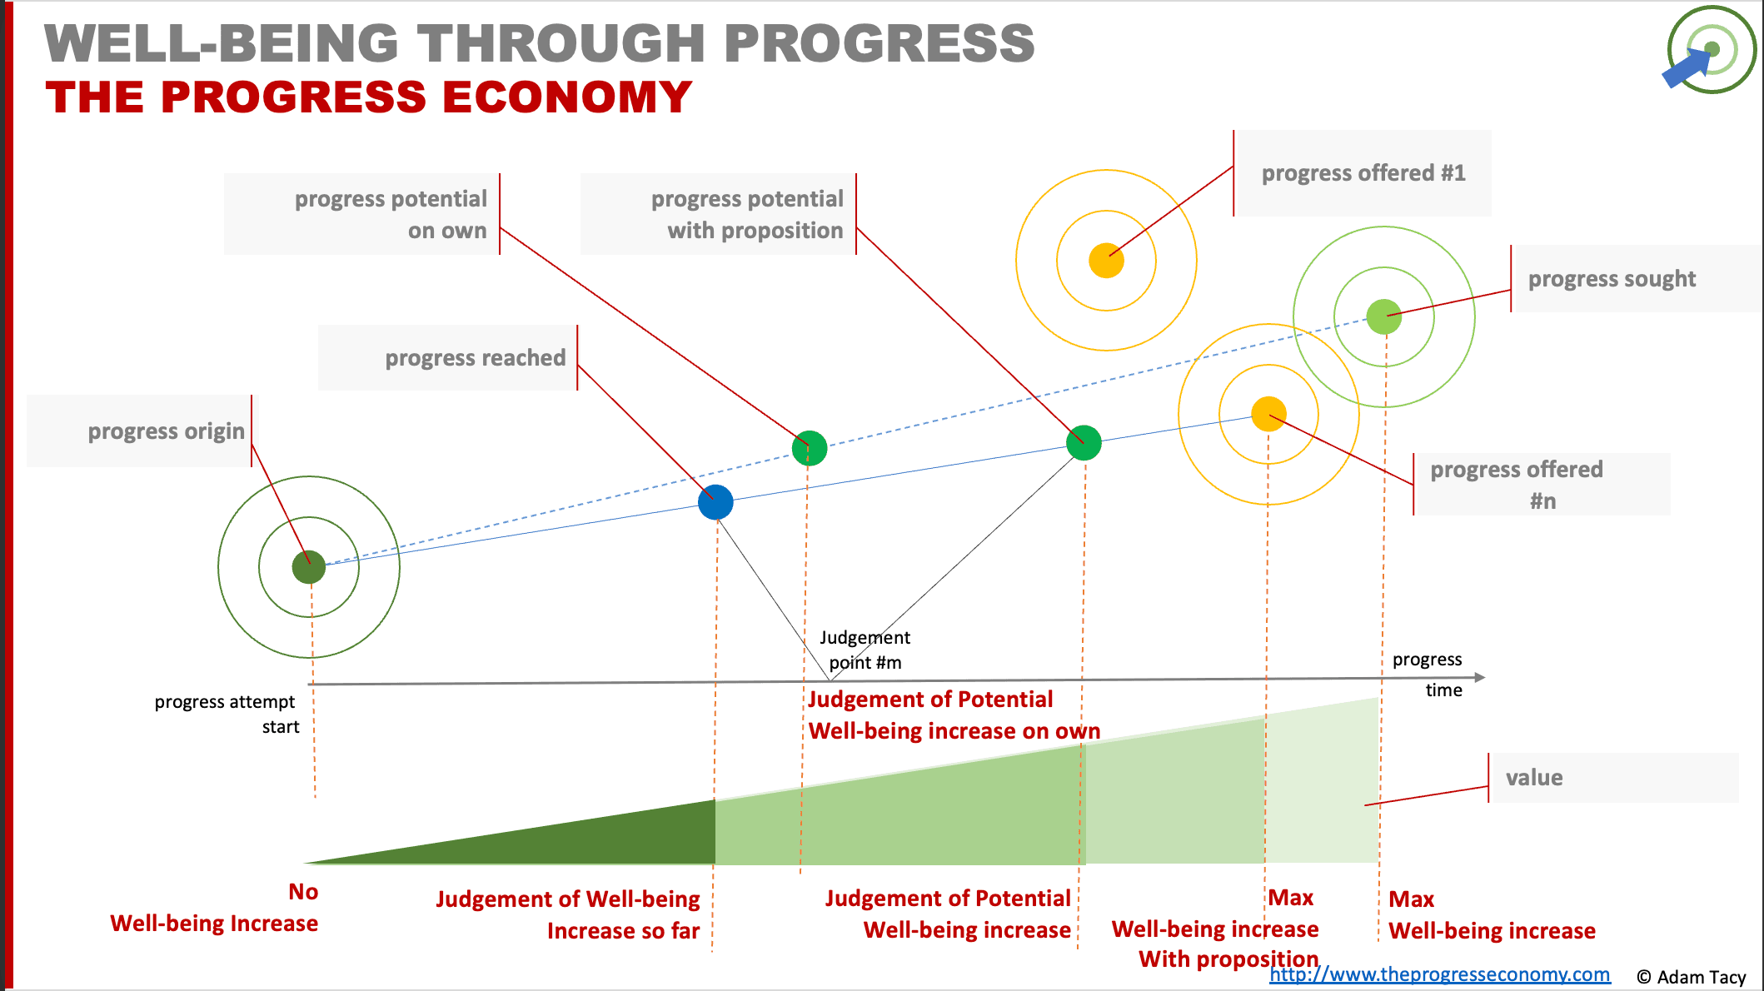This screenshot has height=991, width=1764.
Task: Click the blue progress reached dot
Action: coord(715,502)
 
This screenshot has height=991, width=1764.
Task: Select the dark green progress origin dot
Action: coord(309,567)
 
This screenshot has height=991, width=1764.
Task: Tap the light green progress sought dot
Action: coord(1384,317)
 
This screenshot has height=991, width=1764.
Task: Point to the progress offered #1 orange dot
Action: coord(1106,261)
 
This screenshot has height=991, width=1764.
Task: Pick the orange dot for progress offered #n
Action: coord(1268,414)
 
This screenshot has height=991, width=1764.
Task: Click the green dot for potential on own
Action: coord(810,448)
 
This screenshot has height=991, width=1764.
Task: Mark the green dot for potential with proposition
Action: coord(1084,442)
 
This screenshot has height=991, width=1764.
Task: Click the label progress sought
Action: coord(1611,279)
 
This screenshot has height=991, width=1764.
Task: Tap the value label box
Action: coord(1614,778)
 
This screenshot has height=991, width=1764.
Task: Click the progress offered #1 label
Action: coord(1363,173)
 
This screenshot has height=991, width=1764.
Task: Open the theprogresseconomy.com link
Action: coord(1439,974)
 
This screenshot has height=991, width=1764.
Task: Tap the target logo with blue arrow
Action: coord(1711,51)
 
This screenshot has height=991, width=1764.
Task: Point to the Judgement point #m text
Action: coord(865,650)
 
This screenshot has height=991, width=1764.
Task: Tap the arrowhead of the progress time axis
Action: coord(1479,678)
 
